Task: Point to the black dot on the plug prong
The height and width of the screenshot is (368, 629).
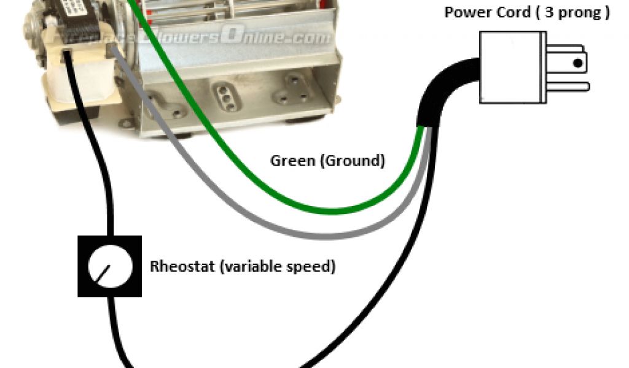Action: pos(577,62)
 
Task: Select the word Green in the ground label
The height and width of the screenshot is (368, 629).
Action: pos(289,161)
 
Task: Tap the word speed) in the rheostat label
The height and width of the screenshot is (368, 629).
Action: pos(314,267)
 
